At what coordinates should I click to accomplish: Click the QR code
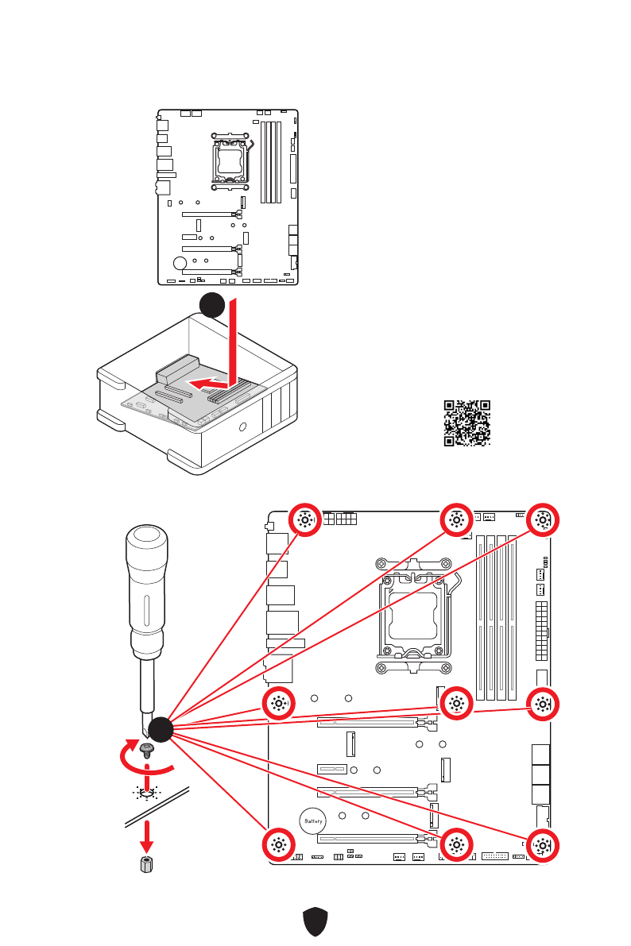(x=467, y=423)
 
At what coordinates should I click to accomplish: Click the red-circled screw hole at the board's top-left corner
(x=304, y=521)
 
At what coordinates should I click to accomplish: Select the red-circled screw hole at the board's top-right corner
(x=542, y=521)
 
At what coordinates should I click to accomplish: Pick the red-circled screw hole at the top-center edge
(x=456, y=521)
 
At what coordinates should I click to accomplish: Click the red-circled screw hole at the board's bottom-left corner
(x=278, y=845)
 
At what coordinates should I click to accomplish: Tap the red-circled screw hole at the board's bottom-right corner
(x=542, y=845)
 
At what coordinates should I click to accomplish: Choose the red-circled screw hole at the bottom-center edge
(x=456, y=845)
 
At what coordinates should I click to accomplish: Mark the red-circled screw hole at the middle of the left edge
(x=278, y=702)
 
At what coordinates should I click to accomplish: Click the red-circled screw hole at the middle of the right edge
(x=542, y=702)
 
